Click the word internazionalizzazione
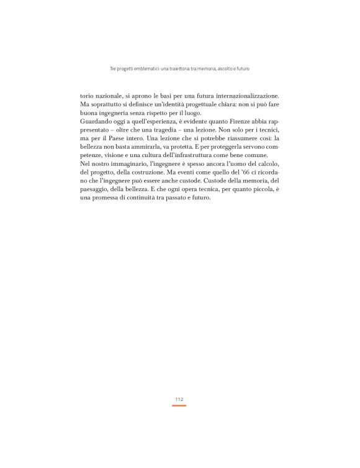(x=241, y=96)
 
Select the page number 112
(x=179, y=399)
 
